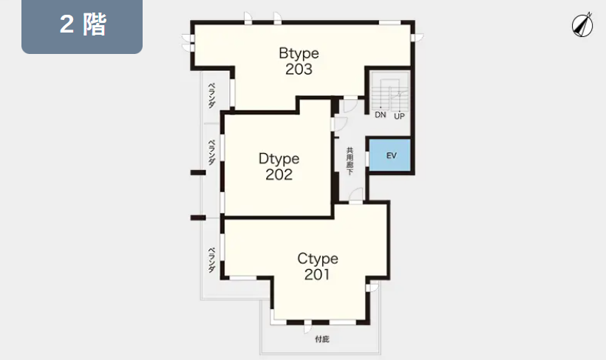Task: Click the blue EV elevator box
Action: click(389, 155)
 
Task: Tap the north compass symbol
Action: click(582, 24)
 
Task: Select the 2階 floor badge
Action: click(82, 26)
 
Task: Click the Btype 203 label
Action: click(299, 61)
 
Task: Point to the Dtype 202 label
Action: click(279, 166)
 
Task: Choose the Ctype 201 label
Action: click(318, 266)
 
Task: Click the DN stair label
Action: click(381, 115)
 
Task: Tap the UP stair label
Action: click(399, 116)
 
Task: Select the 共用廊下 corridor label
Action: click(350, 161)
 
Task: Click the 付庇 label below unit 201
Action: click(322, 339)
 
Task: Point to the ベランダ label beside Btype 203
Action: click(212, 95)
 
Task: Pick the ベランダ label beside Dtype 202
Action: click(211, 152)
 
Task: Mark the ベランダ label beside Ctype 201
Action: click(211, 260)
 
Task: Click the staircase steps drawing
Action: click(390, 95)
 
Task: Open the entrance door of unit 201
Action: click(356, 196)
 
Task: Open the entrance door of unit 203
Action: click(351, 105)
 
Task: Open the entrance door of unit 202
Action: click(339, 124)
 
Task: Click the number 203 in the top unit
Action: click(299, 69)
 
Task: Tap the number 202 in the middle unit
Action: click(279, 174)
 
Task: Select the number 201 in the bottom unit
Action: click(317, 274)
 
